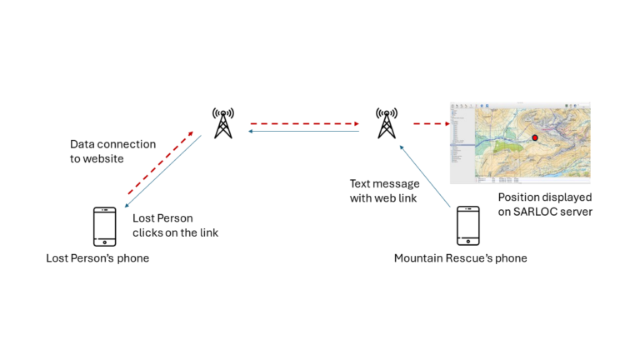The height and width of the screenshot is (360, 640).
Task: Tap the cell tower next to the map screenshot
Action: tap(386, 122)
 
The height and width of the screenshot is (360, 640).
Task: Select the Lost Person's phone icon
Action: tap(104, 227)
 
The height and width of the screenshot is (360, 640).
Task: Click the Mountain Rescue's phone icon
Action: tap(467, 227)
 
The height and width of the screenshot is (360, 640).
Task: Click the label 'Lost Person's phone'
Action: tap(97, 258)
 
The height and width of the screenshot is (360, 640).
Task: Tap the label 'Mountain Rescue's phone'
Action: tap(460, 258)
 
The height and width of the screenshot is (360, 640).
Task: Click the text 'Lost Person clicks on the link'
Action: tap(175, 225)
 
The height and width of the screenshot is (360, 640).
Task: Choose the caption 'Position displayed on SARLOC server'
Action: tap(544, 205)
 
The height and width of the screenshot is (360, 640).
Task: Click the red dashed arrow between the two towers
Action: tap(304, 124)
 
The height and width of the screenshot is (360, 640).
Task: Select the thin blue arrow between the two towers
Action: tap(304, 131)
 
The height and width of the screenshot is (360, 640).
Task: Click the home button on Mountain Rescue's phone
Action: tap(467, 242)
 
